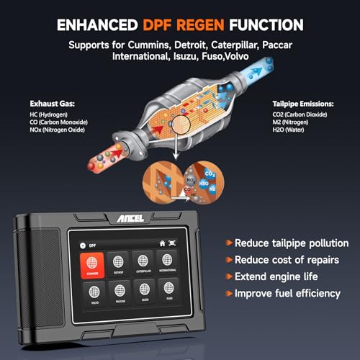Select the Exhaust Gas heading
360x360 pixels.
click(x=51, y=103)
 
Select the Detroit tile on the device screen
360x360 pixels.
click(x=117, y=264)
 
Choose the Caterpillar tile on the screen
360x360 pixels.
click(x=142, y=264)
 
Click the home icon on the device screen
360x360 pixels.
click(x=162, y=243)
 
